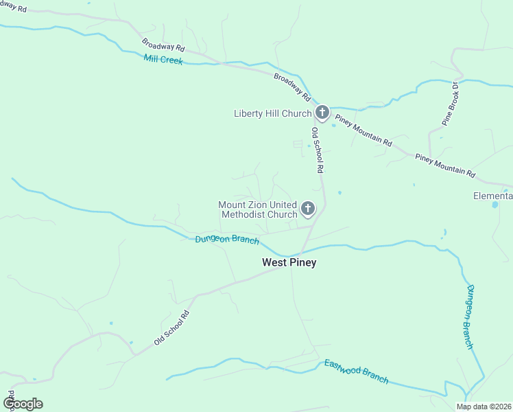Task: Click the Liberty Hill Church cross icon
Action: (322, 112)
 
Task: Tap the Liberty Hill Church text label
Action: (272, 113)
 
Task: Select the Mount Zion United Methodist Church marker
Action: (308, 208)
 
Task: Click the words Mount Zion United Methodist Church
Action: (258, 209)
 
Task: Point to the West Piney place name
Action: (289, 262)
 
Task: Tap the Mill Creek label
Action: (163, 60)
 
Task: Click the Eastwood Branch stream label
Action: (357, 371)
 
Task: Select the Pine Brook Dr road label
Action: (450, 104)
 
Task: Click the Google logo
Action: (22, 404)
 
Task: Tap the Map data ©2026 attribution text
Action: (483, 407)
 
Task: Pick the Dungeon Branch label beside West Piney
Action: (227, 240)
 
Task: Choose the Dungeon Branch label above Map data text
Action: (470, 317)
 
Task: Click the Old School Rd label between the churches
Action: (318, 150)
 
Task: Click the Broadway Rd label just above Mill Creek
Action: (164, 45)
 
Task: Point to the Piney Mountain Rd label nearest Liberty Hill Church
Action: (363, 130)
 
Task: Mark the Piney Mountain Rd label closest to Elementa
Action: (445, 165)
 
